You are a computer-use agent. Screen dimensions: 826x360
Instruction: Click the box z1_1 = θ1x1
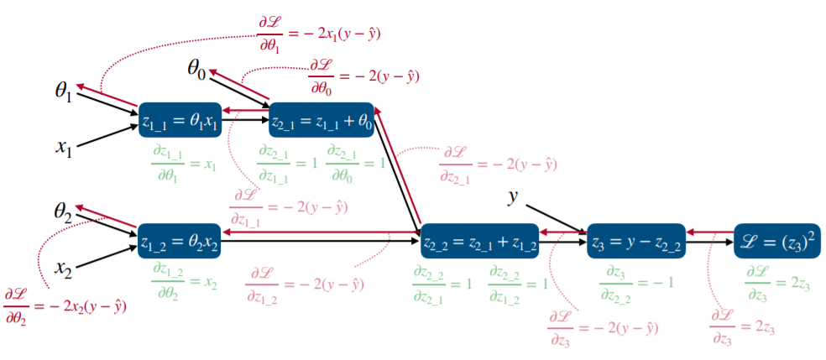pyautogui.click(x=180, y=122)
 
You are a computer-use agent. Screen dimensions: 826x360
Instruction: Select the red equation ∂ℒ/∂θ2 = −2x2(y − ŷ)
pyautogui.click(x=65, y=306)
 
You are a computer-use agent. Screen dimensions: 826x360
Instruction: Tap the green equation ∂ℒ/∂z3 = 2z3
pyautogui.click(x=776, y=279)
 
